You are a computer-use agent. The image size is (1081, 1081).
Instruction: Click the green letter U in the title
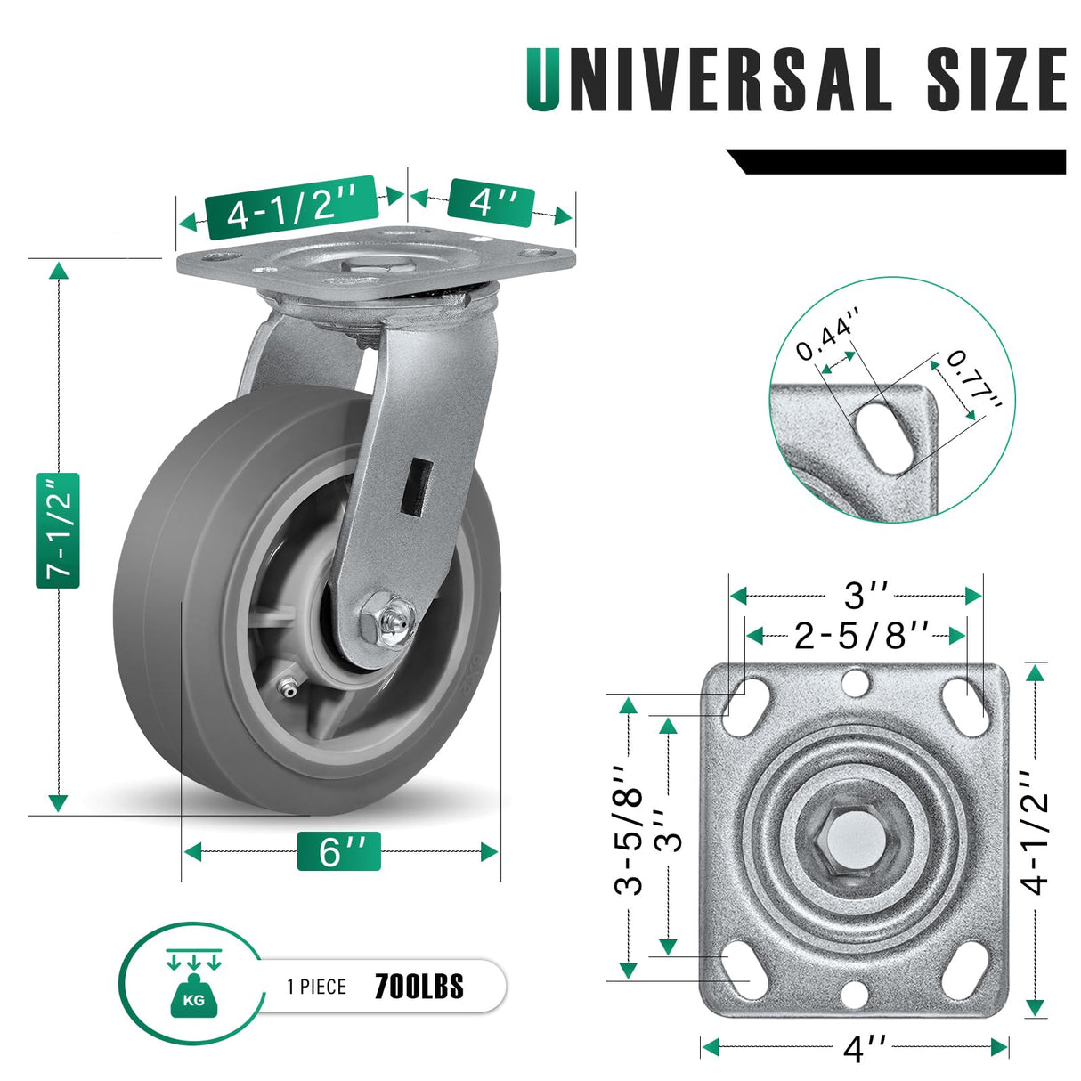click(544, 80)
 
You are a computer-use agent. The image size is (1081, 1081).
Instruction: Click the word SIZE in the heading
click(995, 80)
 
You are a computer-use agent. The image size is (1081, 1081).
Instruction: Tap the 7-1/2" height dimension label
click(59, 531)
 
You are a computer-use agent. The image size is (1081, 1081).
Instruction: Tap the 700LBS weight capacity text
click(419, 987)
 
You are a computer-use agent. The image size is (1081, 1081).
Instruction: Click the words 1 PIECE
click(316, 987)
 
